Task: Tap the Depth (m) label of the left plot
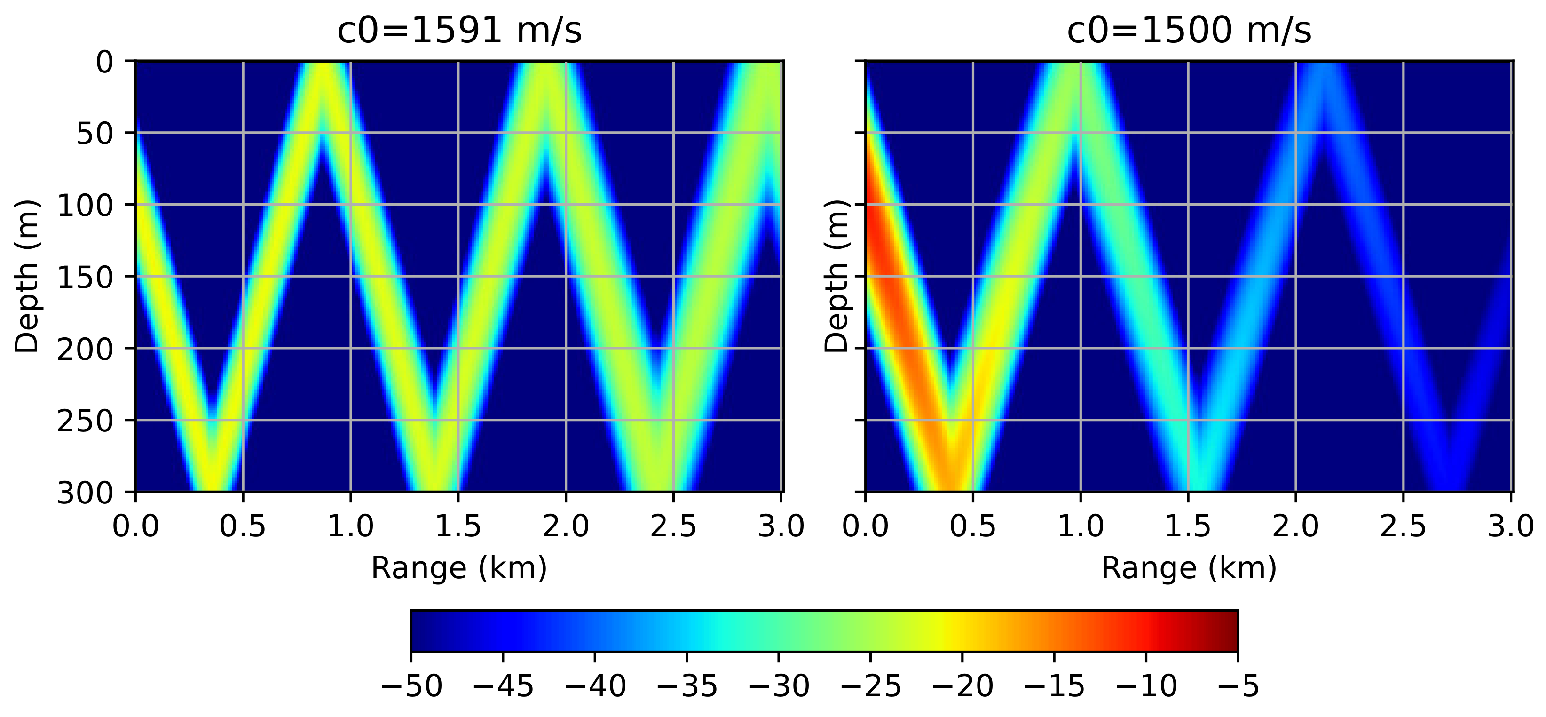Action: (x=27, y=276)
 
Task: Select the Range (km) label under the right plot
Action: (x=1189, y=568)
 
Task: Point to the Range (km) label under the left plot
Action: (x=459, y=568)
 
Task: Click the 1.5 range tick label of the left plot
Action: (x=458, y=526)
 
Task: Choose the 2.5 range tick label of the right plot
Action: (x=1403, y=526)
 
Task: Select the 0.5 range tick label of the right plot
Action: (x=973, y=526)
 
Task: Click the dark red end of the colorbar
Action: (x=1227, y=630)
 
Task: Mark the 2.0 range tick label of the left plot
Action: (x=565, y=526)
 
